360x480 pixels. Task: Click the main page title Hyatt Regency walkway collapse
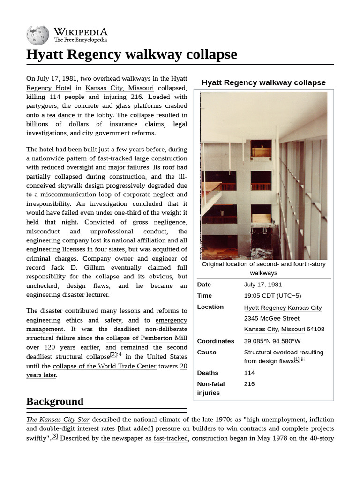point(131,55)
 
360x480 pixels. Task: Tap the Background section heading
point(55,401)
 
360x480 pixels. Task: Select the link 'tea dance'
point(61,115)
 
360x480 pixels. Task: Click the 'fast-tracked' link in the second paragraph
point(115,158)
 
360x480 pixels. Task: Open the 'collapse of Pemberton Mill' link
point(146,338)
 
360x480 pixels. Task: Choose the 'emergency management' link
point(171,320)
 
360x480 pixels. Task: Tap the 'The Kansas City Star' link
point(58,420)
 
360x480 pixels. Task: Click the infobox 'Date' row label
point(204,285)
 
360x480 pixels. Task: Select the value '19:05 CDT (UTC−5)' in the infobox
point(272,296)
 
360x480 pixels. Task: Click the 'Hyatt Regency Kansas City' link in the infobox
point(283,308)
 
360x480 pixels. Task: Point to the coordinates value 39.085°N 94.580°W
point(272,341)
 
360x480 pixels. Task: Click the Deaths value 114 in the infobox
point(249,373)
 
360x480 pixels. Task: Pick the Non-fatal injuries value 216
point(249,384)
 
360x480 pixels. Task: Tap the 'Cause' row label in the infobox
point(207,352)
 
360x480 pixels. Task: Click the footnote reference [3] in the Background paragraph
point(54,436)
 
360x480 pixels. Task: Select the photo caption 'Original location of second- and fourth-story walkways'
point(263,269)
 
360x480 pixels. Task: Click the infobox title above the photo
point(263,83)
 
